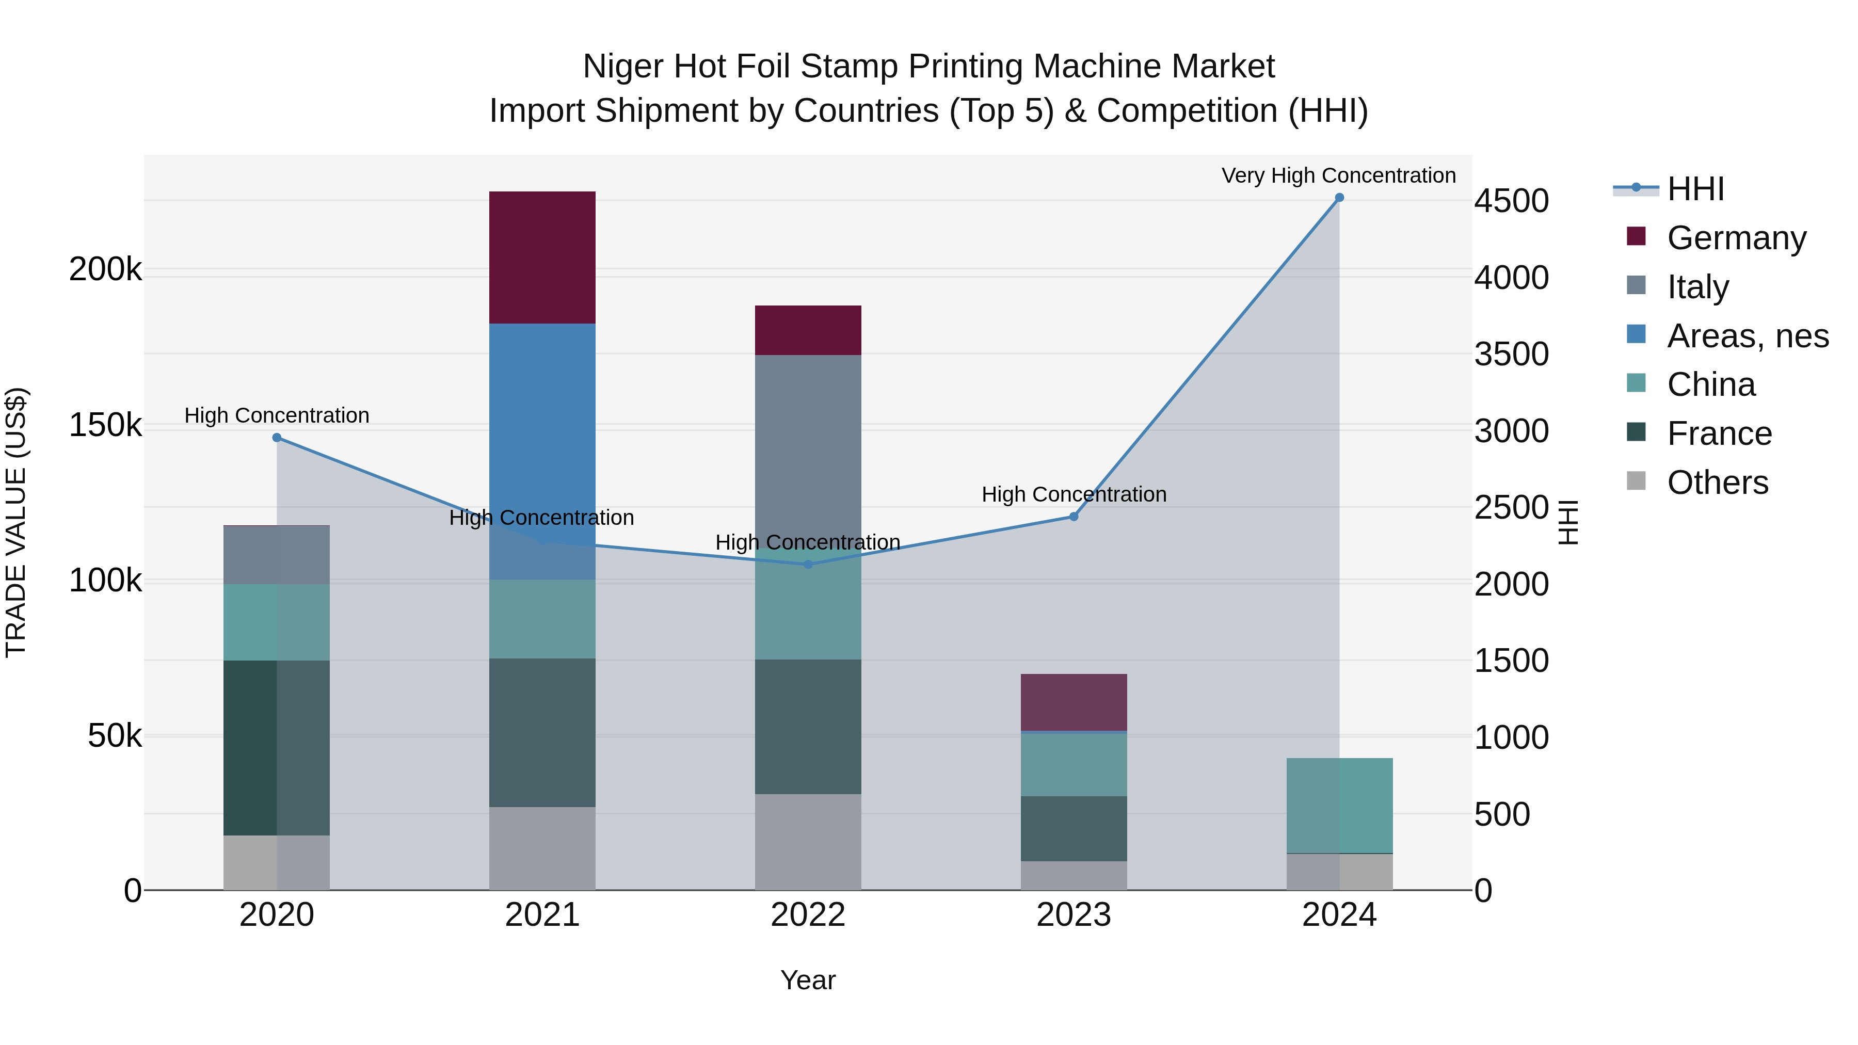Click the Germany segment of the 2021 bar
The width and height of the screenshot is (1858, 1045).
pos(542,257)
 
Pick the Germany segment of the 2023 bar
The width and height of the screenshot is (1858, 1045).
pos(1074,702)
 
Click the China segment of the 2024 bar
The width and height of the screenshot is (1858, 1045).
pos(1339,806)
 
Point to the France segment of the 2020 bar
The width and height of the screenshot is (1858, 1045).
pos(276,747)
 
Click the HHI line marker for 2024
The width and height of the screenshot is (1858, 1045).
pos(1339,198)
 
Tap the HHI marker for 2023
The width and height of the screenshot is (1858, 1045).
pos(1074,517)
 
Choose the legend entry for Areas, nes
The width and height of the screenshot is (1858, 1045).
pos(1747,336)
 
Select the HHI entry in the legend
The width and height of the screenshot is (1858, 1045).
pos(1695,189)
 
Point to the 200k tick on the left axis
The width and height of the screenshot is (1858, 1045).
pos(105,270)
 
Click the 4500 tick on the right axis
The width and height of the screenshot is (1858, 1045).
pos(1511,201)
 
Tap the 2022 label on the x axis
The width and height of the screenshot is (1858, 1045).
pos(808,915)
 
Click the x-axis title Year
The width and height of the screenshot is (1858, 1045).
pos(808,980)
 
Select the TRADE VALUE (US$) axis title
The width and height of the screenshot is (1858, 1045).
pos(16,522)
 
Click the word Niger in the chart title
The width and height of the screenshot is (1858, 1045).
pos(622,67)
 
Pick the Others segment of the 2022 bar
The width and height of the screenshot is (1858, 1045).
pos(808,842)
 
